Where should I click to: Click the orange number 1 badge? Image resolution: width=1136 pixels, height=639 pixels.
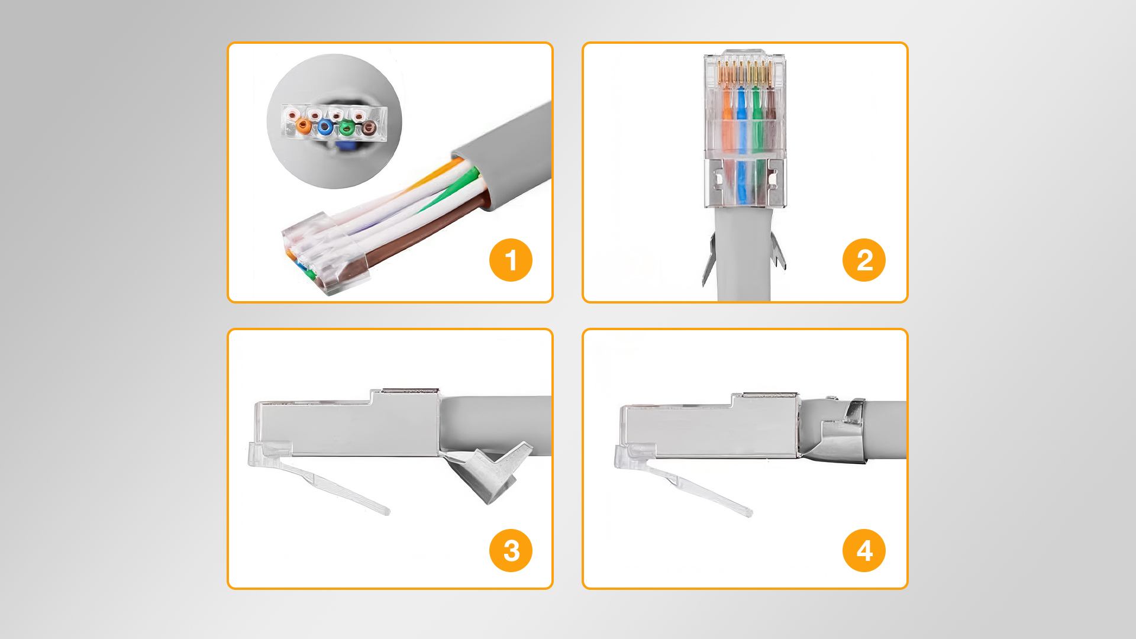[x=511, y=260]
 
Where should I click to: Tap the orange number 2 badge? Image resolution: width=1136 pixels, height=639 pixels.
[x=864, y=260]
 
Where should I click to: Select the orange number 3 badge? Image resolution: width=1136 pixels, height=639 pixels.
[x=511, y=550]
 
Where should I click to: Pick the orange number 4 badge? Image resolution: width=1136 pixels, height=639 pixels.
[x=864, y=550]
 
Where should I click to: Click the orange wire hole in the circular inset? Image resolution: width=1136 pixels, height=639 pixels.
[x=304, y=125]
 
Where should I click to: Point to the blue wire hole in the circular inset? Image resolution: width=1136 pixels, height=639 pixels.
[x=325, y=127]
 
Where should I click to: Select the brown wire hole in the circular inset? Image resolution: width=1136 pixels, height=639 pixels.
[x=369, y=127]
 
